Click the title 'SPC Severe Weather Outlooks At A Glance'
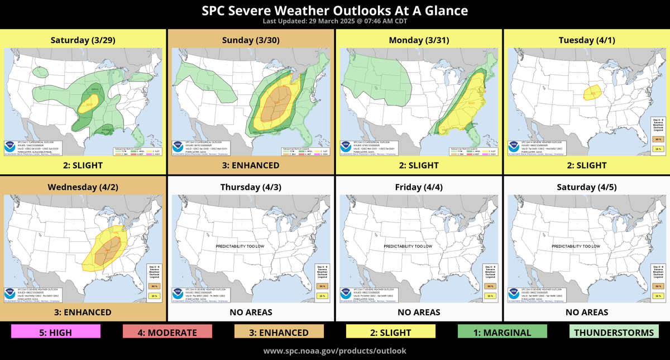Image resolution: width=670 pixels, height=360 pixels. click(x=335, y=11)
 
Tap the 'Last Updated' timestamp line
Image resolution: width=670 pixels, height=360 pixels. click(x=335, y=21)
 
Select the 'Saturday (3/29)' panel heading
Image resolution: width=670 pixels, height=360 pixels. click(x=84, y=40)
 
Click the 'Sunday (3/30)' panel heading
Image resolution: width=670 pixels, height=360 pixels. click(x=251, y=40)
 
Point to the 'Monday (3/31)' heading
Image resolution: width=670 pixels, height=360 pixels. click(x=418, y=40)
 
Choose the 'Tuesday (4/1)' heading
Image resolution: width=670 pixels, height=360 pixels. click(x=586, y=40)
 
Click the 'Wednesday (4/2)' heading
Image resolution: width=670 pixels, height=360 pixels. click(x=84, y=186)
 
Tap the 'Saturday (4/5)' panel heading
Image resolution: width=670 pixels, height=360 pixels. click(x=586, y=186)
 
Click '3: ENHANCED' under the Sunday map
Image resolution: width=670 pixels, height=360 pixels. click(x=251, y=165)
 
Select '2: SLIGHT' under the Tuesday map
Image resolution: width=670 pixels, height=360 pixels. click(x=586, y=165)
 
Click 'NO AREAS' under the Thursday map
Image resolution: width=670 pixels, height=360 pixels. click(x=251, y=312)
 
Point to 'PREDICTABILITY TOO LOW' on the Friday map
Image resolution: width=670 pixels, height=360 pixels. click(x=408, y=246)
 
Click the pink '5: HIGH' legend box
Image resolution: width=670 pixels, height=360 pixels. click(x=56, y=333)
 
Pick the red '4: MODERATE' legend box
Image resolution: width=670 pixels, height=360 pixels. click(x=167, y=333)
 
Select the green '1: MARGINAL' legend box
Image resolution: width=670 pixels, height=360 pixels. click(x=502, y=333)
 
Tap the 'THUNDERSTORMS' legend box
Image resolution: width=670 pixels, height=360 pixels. click(x=614, y=333)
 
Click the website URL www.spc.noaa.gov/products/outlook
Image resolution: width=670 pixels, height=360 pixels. click(x=335, y=351)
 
